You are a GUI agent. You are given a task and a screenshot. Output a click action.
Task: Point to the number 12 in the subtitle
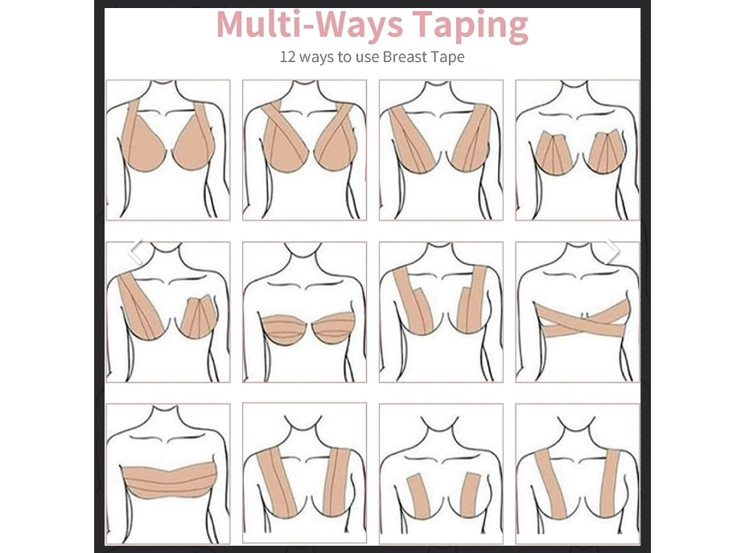(x=287, y=57)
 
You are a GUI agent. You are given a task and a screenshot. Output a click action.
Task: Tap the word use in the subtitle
(x=367, y=58)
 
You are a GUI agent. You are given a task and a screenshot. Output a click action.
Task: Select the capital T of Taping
(x=425, y=25)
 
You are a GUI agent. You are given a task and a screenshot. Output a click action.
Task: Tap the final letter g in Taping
(x=518, y=31)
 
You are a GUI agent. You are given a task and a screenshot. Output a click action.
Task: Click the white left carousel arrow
(x=135, y=250)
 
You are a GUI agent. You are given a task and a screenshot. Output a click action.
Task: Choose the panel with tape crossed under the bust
(x=577, y=312)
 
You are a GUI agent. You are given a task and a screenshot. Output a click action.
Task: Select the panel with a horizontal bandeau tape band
(x=168, y=474)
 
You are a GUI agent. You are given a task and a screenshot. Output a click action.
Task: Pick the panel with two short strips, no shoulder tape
(x=441, y=474)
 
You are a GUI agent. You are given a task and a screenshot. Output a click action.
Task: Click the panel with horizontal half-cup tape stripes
(x=304, y=312)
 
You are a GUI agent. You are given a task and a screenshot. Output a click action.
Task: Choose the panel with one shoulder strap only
(x=168, y=312)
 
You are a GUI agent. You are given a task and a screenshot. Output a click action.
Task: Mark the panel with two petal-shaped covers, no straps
(x=577, y=150)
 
